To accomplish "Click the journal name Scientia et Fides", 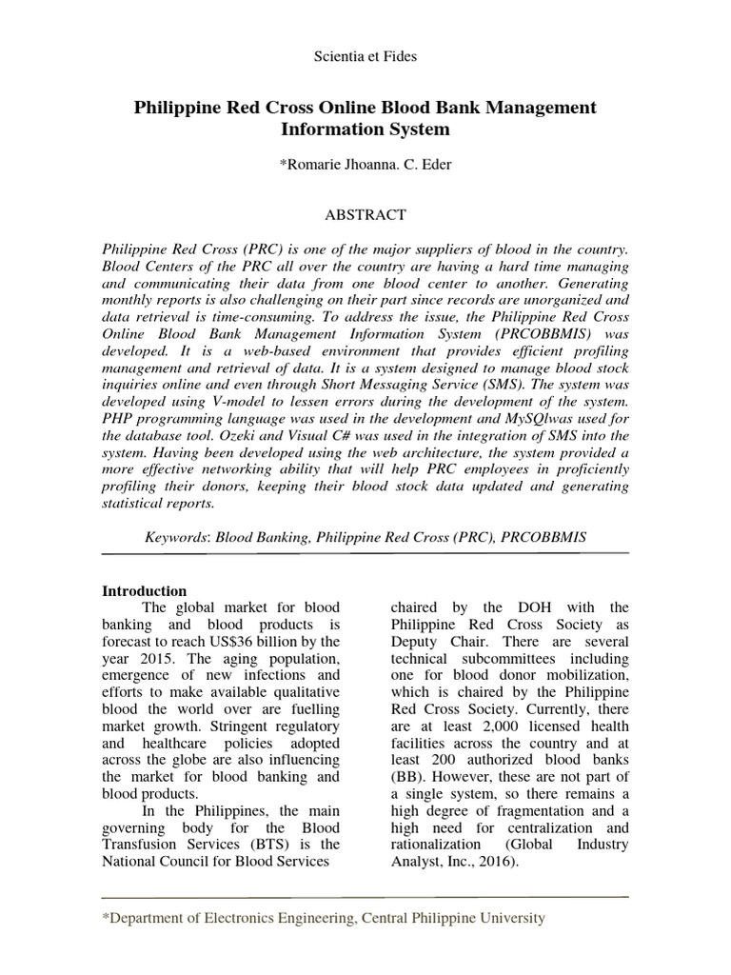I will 365,57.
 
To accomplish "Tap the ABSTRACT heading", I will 365,215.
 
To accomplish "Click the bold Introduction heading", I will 144,591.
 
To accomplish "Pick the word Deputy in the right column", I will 416,642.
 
